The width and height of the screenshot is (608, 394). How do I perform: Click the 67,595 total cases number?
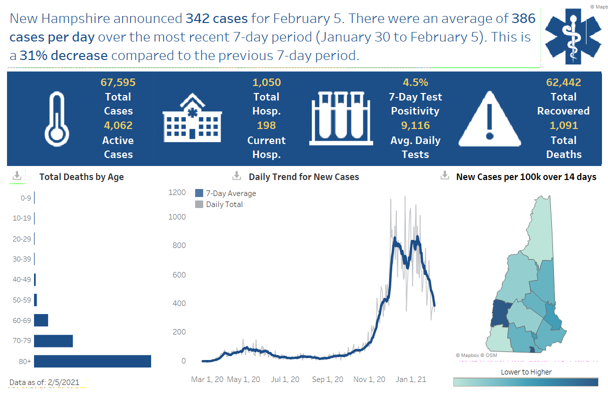point(118,82)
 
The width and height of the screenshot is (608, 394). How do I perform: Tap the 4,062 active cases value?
point(118,125)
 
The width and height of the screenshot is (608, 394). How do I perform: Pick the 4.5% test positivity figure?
point(415,82)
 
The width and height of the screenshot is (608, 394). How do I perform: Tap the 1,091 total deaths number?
point(563,125)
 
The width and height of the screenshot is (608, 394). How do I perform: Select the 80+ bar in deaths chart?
point(93,361)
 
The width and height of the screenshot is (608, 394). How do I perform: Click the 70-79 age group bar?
point(54,341)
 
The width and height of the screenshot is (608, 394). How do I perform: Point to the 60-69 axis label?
point(22,320)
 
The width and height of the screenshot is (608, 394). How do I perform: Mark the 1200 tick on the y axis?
point(177,192)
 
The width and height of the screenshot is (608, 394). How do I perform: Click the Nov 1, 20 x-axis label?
point(370,379)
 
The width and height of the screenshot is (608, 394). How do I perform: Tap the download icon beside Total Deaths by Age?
point(17,176)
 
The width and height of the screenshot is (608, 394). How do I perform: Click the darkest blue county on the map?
point(500,313)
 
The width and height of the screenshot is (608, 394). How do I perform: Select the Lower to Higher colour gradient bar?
point(525,382)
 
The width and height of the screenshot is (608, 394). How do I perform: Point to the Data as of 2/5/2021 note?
point(45,382)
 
